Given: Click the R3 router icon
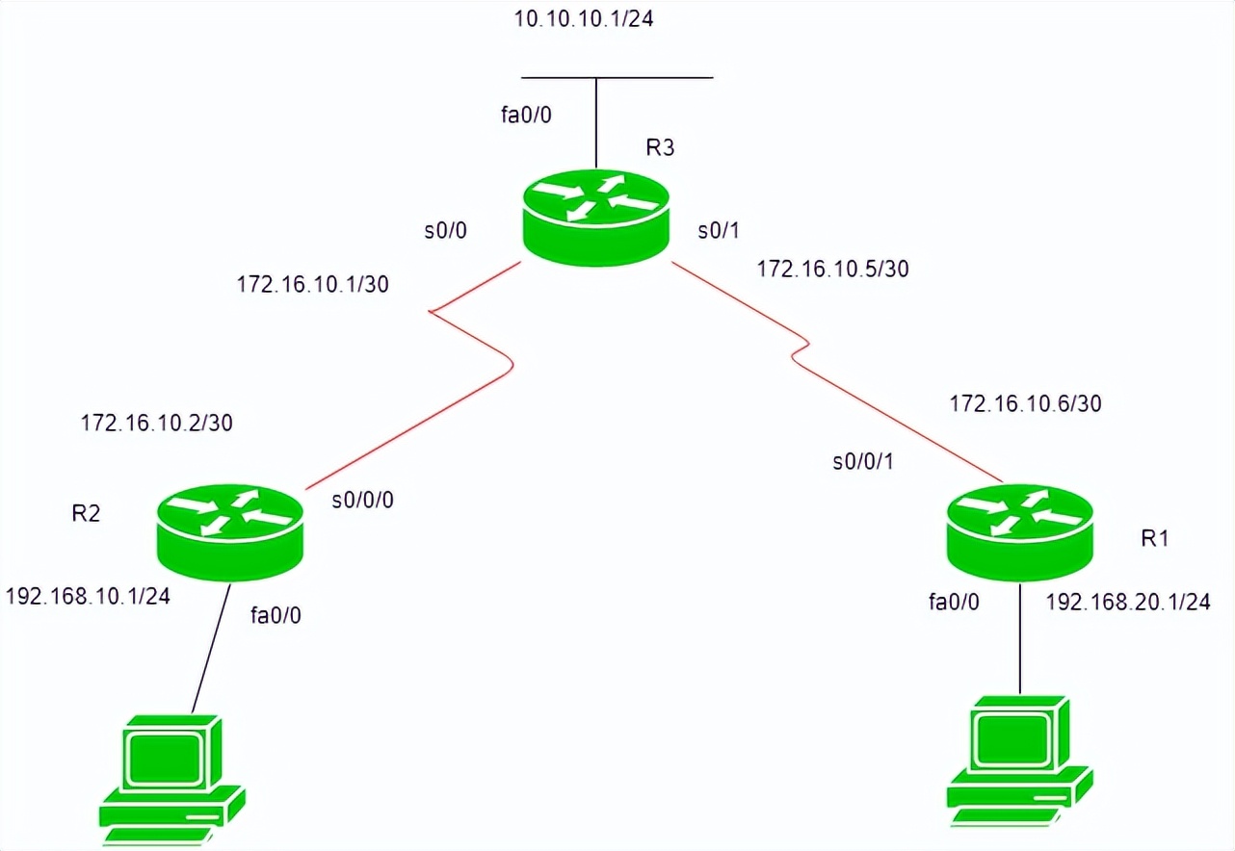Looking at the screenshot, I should click(x=595, y=216).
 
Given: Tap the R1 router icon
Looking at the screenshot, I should click(x=1020, y=531).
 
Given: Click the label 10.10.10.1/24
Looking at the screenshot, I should click(x=585, y=20).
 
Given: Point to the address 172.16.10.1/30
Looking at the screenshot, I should click(x=312, y=284).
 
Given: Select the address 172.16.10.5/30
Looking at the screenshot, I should click(x=832, y=269).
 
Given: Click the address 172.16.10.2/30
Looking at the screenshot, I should click(x=156, y=422).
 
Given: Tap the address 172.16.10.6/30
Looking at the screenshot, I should click(x=1025, y=404).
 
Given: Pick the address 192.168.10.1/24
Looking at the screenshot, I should click(x=88, y=596).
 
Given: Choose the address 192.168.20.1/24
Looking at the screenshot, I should click(x=1127, y=603).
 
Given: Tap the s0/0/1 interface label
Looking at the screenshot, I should click(x=864, y=462).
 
